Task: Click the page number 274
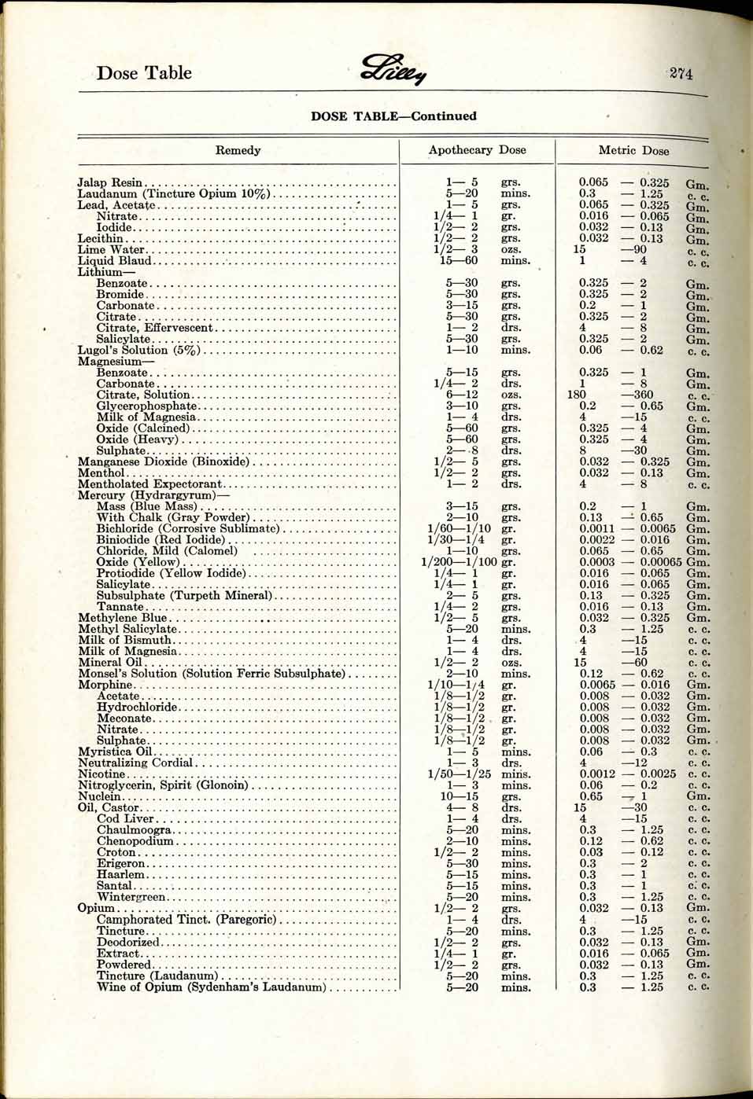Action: pos(681,74)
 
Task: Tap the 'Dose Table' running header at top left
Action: pos(144,73)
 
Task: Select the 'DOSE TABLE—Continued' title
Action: pos(393,116)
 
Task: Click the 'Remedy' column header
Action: pos(238,150)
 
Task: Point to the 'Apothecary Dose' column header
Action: pos(477,150)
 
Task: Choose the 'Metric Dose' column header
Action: pos(633,150)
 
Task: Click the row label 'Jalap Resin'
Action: pos(110,182)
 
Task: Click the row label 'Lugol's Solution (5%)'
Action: pos(139,350)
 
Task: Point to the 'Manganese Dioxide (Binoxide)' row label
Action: pos(163,461)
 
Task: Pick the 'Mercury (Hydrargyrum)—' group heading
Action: pos(153,495)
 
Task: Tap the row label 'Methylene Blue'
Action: pos(122,618)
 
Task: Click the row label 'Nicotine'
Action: pos(101,774)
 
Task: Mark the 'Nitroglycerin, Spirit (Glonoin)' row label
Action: pos(163,785)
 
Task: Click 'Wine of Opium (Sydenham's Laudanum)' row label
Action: pos(211,987)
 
